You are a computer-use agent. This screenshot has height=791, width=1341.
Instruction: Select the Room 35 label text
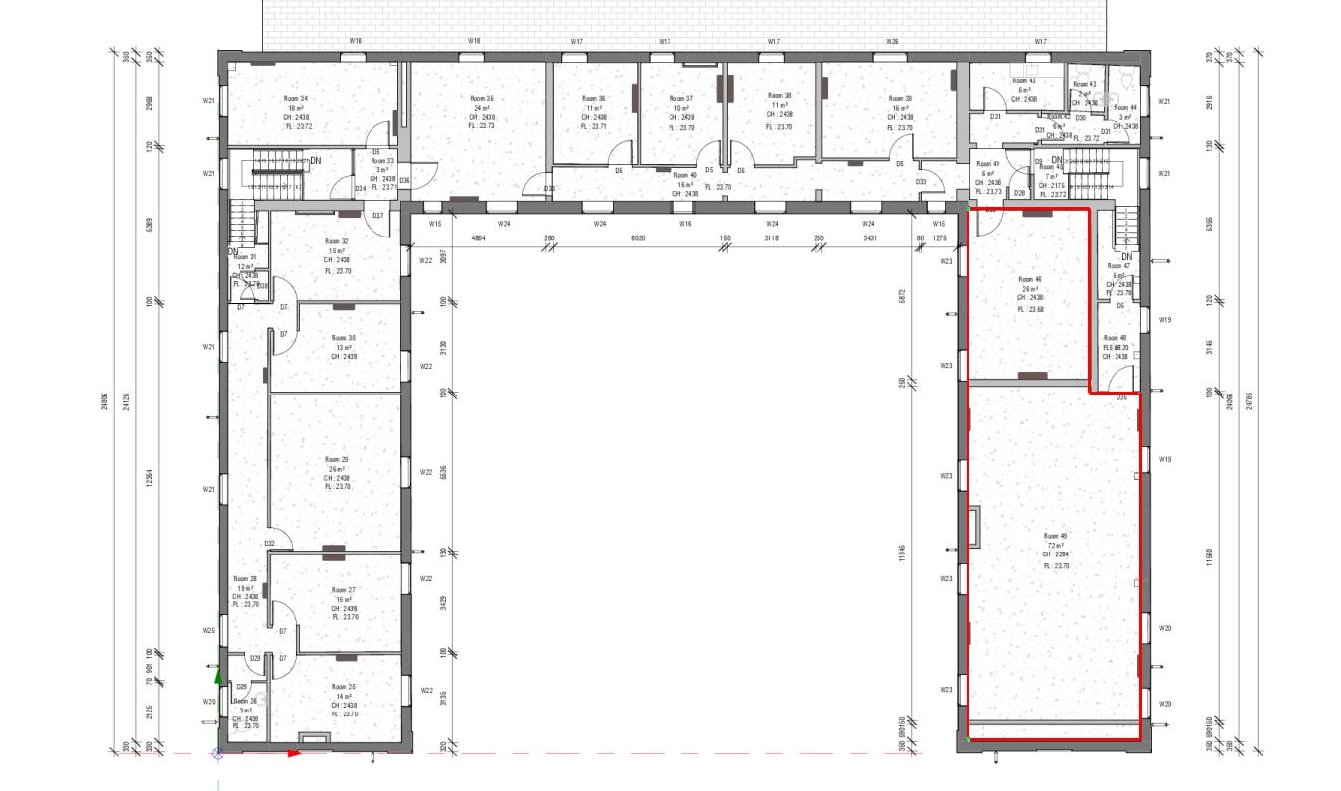[x=483, y=99]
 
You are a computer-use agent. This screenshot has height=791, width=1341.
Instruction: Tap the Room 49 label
[x=1054, y=535]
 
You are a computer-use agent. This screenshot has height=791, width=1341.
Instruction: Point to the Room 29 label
[x=337, y=459]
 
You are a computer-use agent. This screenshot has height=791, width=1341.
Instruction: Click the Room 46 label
[x=1030, y=280]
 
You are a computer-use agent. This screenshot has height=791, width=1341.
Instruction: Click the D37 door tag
[x=377, y=216]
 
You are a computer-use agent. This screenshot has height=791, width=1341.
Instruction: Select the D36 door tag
[x=405, y=180]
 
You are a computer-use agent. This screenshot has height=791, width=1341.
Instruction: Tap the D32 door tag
[x=269, y=543]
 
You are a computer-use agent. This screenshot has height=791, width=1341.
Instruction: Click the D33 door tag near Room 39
[x=921, y=182]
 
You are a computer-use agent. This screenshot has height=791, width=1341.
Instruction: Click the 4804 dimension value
[x=478, y=238]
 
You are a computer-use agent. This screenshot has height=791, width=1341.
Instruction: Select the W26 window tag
[x=893, y=42]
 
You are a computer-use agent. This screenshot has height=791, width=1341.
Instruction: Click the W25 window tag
[x=209, y=631]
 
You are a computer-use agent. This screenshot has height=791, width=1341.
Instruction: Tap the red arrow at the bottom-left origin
[x=294, y=753]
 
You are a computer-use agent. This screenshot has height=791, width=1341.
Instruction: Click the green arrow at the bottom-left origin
[x=218, y=677]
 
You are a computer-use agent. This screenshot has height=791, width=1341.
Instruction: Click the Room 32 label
[x=337, y=241]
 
